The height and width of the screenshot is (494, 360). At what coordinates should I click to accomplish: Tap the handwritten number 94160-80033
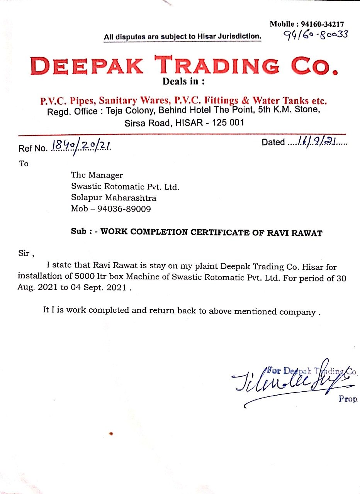316,35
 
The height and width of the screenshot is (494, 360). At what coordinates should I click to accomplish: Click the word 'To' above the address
24,164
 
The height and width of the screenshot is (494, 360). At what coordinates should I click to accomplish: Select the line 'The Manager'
97,175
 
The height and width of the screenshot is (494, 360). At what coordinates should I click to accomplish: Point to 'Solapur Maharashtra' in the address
114,198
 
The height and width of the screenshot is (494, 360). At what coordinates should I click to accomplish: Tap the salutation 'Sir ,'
26,254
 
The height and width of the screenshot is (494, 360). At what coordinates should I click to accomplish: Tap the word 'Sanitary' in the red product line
118,101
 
